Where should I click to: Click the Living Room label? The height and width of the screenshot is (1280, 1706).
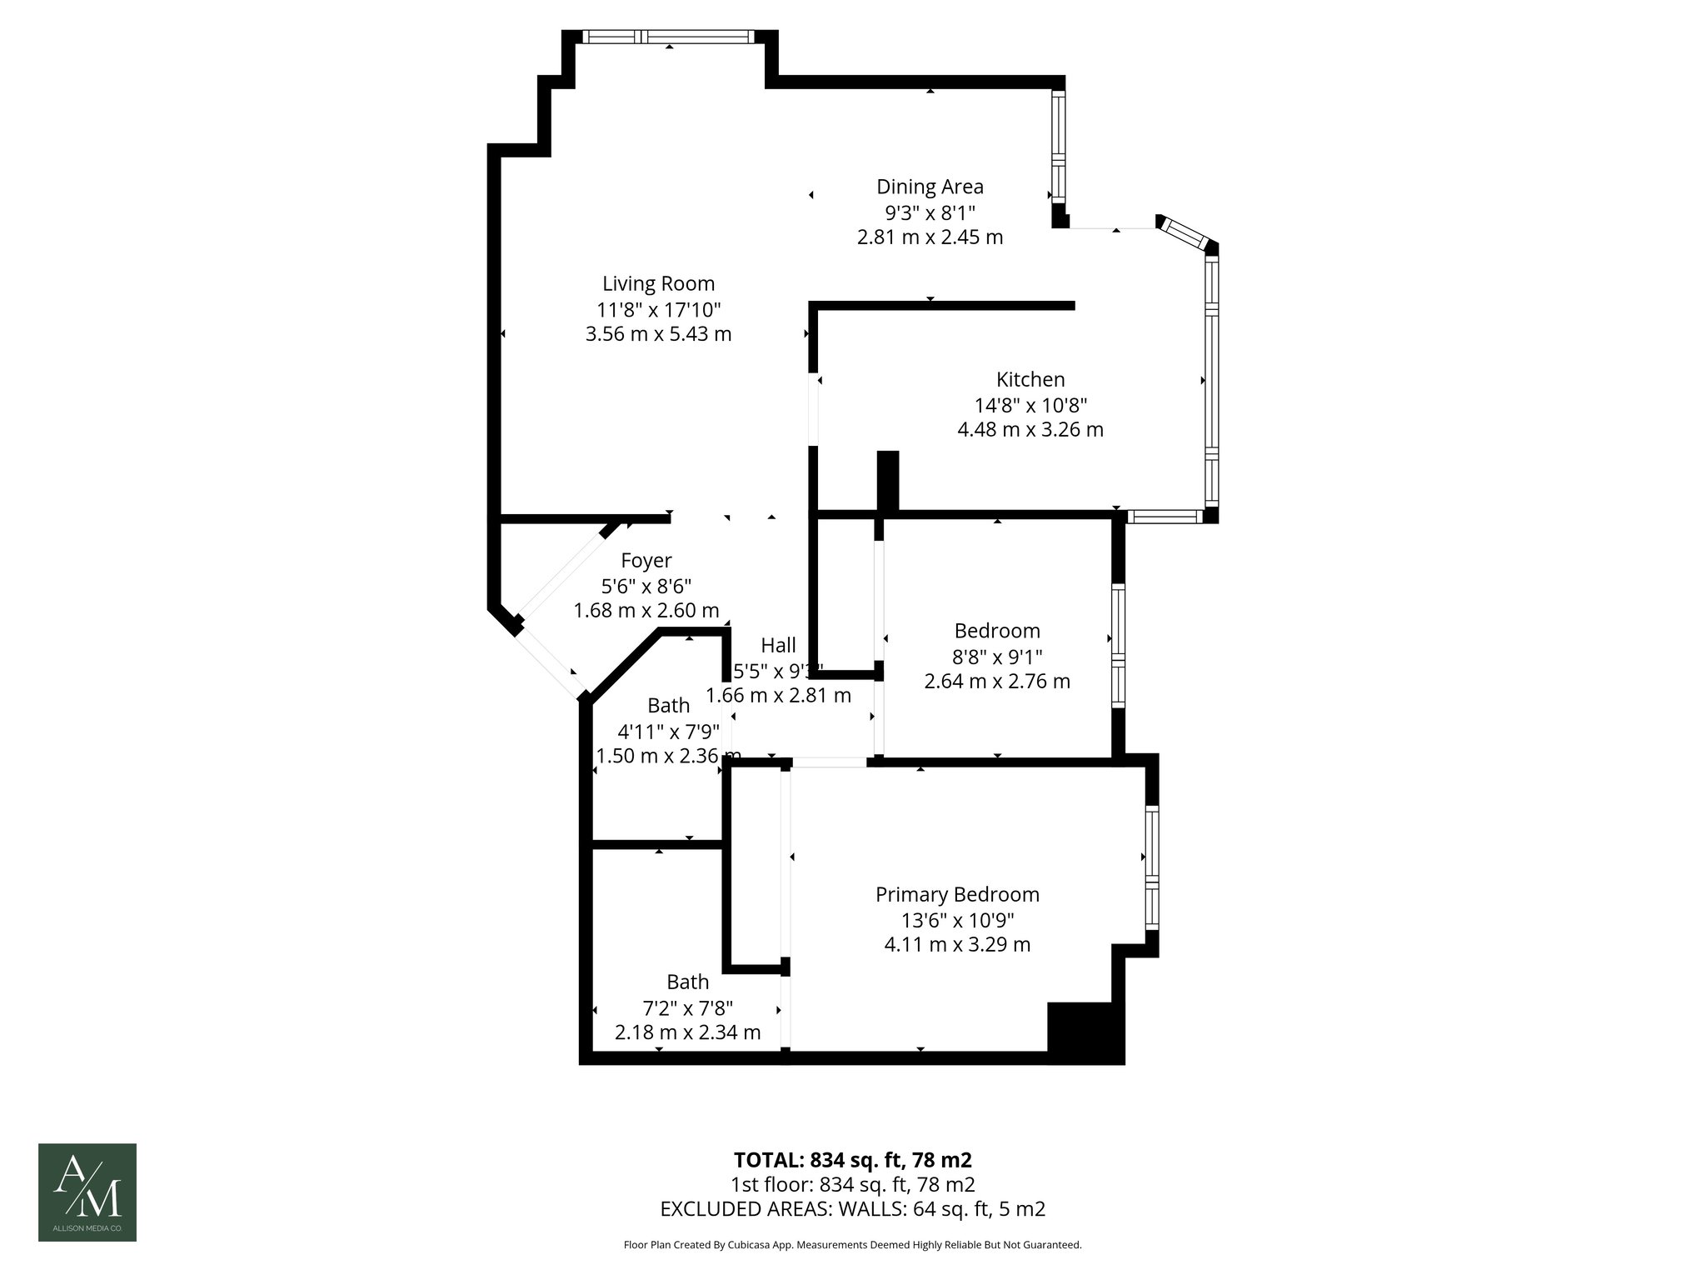(x=658, y=284)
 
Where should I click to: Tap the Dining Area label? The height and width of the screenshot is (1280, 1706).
(x=930, y=187)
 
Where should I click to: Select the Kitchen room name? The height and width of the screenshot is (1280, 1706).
(x=1030, y=380)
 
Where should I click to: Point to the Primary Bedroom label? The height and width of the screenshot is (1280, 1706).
(x=957, y=895)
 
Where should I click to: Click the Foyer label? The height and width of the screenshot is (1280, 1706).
(x=646, y=561)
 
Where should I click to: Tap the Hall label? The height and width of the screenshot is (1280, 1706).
(x=778, y=645)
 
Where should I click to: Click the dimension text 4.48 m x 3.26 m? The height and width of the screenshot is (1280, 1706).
(x=1030, y=430)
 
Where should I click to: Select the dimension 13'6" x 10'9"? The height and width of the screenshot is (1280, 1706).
(x=957, y=920)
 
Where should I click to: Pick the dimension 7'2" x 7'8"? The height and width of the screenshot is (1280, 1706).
(x=687, y=1007)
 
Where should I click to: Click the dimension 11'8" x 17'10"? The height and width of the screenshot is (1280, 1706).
(x=658, y=310)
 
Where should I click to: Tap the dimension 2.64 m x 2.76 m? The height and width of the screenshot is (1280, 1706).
(x=997, y=681)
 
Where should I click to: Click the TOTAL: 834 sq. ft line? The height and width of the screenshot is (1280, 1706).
(x=852, y=1160)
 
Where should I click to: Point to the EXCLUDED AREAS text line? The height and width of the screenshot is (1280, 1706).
(x=852, y=1208)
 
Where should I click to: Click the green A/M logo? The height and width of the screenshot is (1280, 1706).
(x=87, y=1192)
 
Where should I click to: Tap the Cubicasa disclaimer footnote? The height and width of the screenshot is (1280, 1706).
(x=852, y=1245)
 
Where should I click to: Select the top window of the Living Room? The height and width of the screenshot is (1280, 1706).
(x=668, y=37)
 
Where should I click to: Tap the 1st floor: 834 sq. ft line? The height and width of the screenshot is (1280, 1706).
(x=852, y=1184)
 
